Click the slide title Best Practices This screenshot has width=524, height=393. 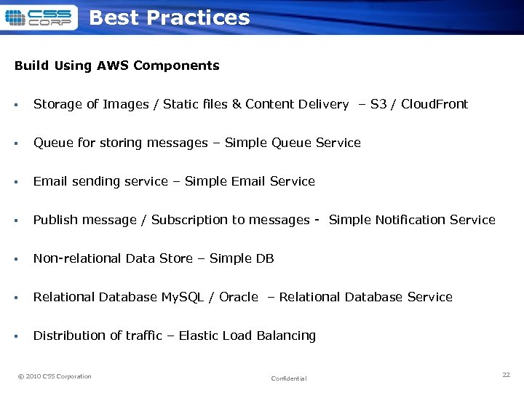point(169,18)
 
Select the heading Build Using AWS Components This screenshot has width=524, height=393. point(116,65)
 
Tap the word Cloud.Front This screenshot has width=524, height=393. point(434,104)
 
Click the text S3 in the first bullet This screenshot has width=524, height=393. point(378,104)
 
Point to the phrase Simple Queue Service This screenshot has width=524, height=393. point(293,143)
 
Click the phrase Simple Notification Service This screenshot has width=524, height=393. point(412,220)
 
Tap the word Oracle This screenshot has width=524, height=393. point(239,297)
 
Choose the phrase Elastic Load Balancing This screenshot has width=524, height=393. point(247,336)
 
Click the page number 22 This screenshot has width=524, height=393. point(506,375)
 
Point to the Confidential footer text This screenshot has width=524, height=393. point(289,378)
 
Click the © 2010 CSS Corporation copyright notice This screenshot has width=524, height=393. point(55,376)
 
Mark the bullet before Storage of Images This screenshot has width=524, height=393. point(16,105)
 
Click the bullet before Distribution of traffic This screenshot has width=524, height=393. point(16,336)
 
